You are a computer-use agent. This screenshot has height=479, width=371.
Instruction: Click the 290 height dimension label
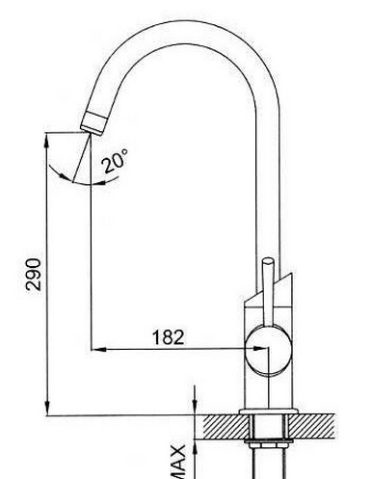(34, 275)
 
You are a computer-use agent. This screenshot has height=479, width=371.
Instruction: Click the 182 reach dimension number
(169, 337)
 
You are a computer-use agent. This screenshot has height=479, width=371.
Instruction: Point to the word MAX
(177, 462)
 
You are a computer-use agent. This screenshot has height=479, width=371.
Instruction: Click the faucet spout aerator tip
(93, 122)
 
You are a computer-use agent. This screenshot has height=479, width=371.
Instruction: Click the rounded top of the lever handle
(268, 261)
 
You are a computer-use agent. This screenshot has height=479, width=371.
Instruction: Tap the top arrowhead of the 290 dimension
(47, 140)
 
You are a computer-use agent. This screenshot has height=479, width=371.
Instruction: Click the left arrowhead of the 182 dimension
(98, 349)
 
